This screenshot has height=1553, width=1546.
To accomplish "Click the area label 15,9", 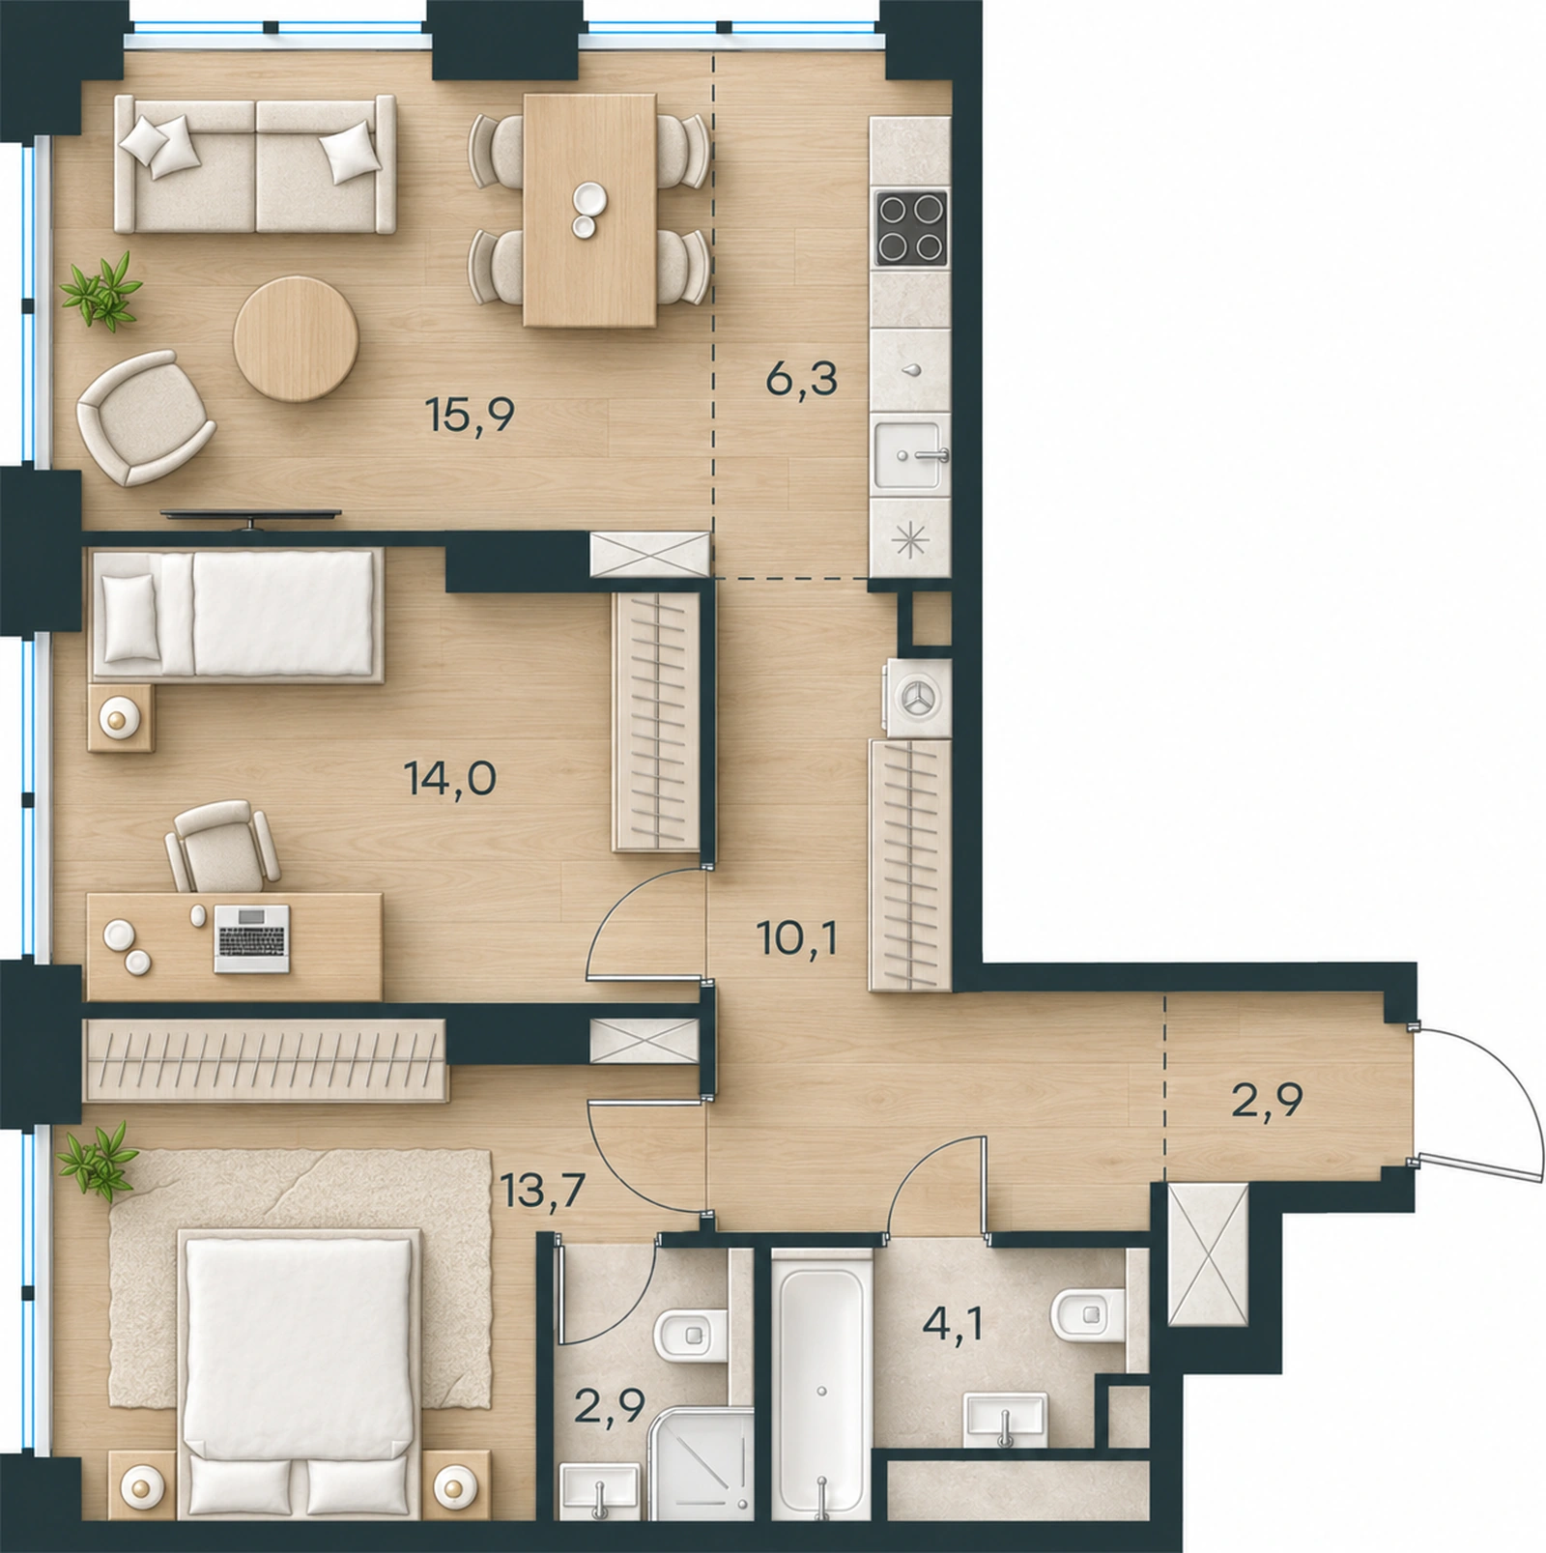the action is [x=470, y=416].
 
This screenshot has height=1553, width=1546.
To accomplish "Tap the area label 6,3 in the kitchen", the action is [x=801, y=379].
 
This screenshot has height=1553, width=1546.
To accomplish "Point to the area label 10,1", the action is [x=798, y=938].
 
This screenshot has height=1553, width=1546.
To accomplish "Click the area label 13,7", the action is [x=544, y=1193].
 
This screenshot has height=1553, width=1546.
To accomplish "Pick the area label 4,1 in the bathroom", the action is [x=953, y=1323].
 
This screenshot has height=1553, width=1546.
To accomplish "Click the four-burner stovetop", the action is [x=910, y=227].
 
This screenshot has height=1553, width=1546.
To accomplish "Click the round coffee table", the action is [x=296, y=338].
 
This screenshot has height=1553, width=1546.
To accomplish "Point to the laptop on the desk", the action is [x=251, y=938].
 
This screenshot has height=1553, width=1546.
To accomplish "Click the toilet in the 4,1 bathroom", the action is [x=1086, y=1315].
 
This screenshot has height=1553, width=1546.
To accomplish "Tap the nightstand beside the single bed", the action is [x=120, y=718].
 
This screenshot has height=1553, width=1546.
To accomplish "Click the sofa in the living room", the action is [x=255, y=163].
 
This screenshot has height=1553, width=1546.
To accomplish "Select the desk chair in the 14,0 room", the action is [x=222, y=846].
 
